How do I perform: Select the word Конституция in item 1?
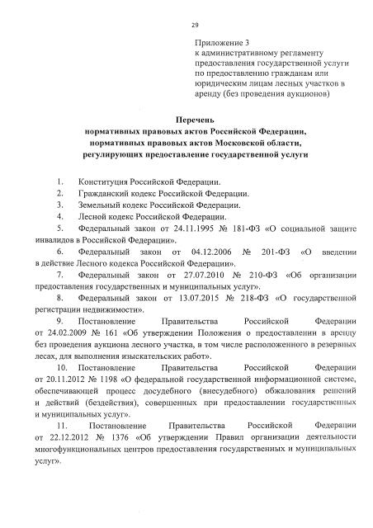[103, 179]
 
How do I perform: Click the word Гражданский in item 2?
[105, 192]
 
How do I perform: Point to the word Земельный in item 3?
[101, 205]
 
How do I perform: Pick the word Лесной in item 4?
[93, 217]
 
